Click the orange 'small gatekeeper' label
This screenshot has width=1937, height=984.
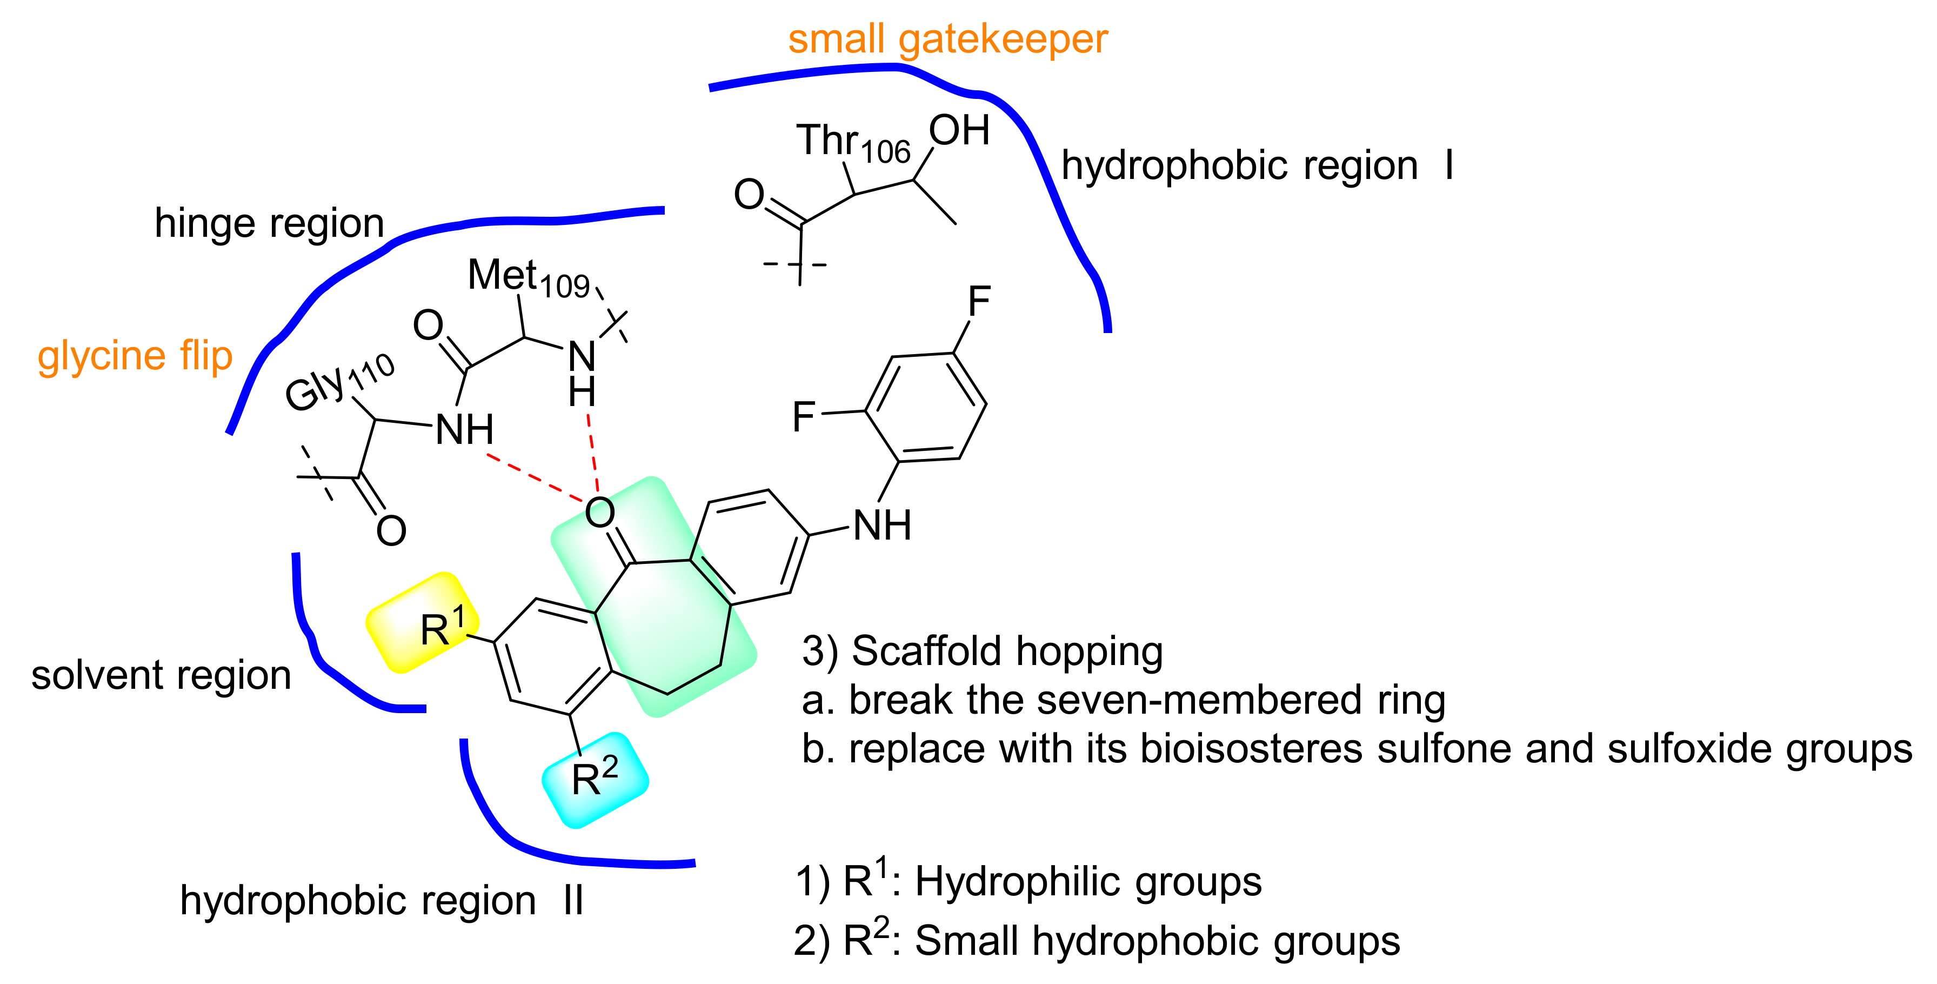point(947,39)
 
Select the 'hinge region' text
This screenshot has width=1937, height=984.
point(269,223)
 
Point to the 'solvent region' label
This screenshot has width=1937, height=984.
point(161,675)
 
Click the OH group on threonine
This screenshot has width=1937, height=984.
point(959,131)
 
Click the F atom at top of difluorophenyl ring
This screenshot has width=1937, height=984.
point(979,302)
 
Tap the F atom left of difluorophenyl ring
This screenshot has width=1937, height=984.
point(804,416)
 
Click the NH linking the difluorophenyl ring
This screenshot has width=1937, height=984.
point(882,525)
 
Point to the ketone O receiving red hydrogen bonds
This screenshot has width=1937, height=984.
point(599,513)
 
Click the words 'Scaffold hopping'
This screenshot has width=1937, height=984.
point(1007,651)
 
